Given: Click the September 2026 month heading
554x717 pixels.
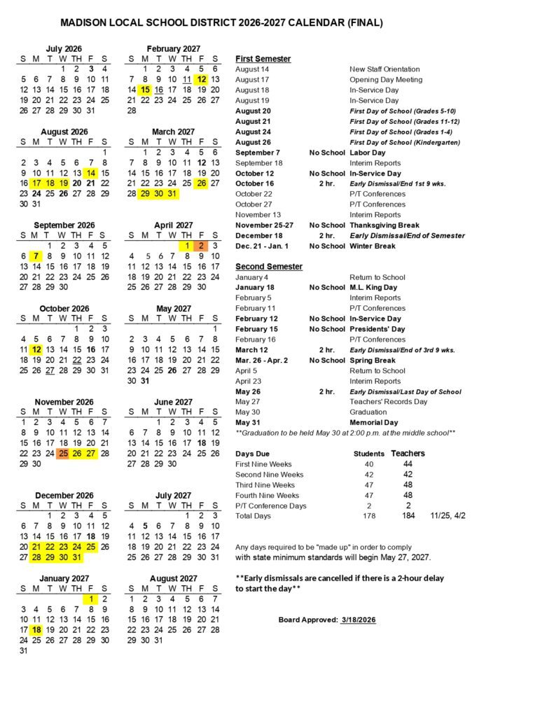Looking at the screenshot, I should pos(64,225).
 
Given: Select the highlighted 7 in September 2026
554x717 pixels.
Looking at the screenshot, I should pos(36,256).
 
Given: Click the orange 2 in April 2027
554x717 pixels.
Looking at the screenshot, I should pos(201,246).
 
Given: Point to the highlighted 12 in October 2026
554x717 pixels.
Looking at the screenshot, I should pos(36,349).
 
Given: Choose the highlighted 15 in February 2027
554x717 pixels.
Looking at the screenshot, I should pos(145,90).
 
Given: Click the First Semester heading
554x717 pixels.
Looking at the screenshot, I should pos(263,59).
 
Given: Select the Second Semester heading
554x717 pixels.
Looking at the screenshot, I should pos(269,267).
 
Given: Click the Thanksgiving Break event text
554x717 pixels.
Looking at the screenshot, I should pos(385,225).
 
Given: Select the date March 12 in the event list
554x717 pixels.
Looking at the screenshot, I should pos(251,350).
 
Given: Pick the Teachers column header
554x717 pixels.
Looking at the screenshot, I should pos(408,454).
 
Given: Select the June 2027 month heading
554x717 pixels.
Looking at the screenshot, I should pos(173,402).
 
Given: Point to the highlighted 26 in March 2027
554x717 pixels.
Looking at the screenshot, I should pos(201,183).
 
